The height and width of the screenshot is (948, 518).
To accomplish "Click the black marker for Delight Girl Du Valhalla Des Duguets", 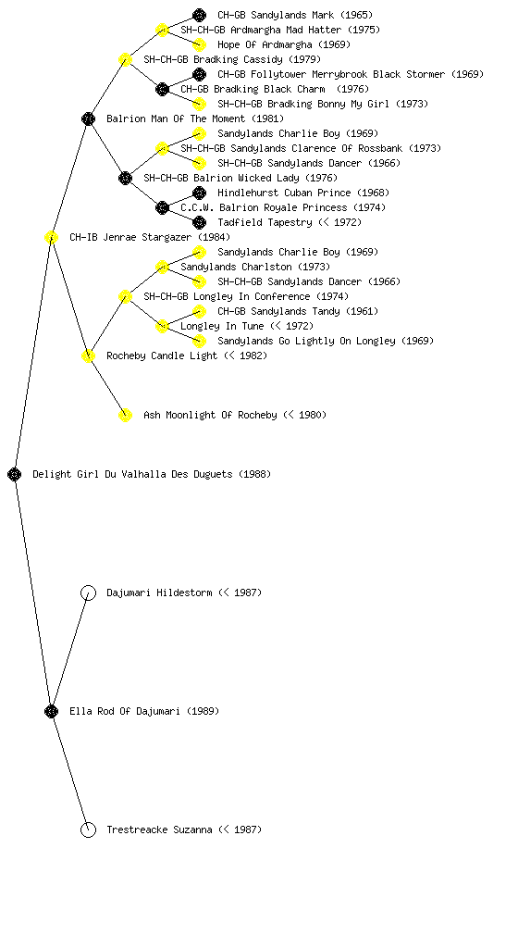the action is (15, 474).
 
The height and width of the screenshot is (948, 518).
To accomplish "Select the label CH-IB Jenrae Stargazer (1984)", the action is (150, 237).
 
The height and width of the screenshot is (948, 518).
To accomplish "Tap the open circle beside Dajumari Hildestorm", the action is (88, 592).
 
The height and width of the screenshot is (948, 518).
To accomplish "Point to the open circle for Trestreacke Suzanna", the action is (88, 829).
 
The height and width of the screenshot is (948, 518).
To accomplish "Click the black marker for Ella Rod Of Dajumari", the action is (51, 711).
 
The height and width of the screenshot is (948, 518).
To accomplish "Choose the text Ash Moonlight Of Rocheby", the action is (210, 415).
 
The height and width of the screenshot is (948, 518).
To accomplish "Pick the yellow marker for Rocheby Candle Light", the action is (88, 355).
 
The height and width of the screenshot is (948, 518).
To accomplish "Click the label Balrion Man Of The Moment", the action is (176, 118).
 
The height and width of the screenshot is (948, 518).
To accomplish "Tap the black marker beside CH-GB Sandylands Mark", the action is (199, 15).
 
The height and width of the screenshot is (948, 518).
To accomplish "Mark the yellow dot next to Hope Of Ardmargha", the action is (199, 44).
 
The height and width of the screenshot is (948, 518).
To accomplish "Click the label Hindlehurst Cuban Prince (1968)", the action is (303, 193).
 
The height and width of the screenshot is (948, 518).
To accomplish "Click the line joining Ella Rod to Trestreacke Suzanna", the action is (70, 770).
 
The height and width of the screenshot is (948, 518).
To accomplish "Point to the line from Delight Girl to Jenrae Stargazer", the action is (33, 355).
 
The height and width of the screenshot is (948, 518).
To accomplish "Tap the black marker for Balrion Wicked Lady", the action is (125, 178).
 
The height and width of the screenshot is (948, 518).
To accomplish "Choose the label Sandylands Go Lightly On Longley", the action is (307, 341).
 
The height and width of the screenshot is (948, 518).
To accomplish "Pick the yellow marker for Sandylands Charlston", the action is (162, 267).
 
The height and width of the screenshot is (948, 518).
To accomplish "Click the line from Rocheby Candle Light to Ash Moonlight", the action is (107, 385).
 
